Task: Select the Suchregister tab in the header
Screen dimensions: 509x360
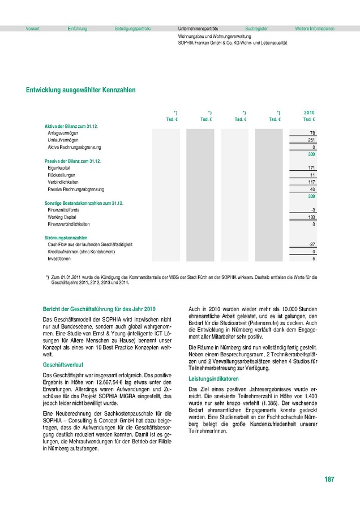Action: point(256,28)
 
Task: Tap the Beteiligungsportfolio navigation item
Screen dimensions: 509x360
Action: point(132,28)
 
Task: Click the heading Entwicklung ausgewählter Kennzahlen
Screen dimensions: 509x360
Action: point(80,90)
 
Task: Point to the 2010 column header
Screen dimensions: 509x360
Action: point(309,113)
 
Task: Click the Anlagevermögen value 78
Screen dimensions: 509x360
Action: point(312,132)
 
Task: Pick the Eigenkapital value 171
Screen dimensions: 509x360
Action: point(311,168)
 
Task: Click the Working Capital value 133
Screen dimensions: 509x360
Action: point(311,217)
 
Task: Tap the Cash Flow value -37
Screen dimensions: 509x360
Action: point(311,244)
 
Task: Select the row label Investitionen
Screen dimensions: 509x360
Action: point(59,258)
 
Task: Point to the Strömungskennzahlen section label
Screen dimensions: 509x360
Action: point(66,238)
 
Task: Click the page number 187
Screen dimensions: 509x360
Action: point(329,480)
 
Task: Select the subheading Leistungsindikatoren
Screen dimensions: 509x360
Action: point(213,378)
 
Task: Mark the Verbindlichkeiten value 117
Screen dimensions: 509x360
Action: point(311,182)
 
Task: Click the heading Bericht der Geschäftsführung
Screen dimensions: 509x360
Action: point(99,309)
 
